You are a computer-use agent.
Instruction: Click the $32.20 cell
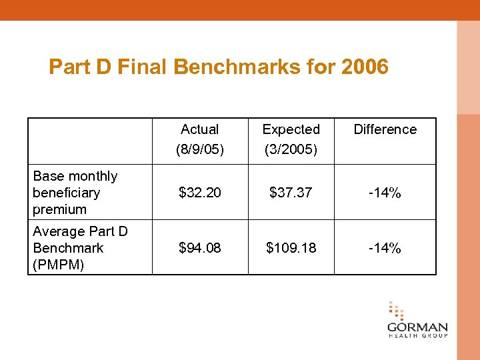pyautogui.click(x=200, y=193)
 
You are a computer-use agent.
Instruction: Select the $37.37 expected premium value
pyautogui.click(x=291, y=193)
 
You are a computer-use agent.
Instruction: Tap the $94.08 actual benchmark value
pyautogui.click(x=200, y=248)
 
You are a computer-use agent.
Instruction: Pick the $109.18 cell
pyautogui.click(x=291, y=248)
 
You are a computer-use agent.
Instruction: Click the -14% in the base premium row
pyautogui.click(x=385, y=193)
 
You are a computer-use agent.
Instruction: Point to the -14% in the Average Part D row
pyautogui.click(x=385, y=248)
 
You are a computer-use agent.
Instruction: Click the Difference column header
pyautogui.click(x=385, y=129)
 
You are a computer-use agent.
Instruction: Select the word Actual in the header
pyautogui.click(x=200, y=129)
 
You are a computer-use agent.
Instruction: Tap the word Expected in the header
pyautogui.click(x=291, y=129)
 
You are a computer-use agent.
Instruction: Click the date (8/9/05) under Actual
pyautogui.click(x=200, y=149)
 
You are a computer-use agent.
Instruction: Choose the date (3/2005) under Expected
pyautogui.click(x=291, y=149)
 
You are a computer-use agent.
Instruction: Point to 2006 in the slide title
pyautogui.click(x=364, y=67)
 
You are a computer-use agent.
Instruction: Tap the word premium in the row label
pyautogui.click(x=59, y=209)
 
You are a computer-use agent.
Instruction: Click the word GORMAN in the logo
pyautogui.click(x=417, y=328)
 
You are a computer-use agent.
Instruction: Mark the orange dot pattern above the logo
pyautogui.click(x=396, y=311)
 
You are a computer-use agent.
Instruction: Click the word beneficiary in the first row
pyautogui.click(x=66, y=193)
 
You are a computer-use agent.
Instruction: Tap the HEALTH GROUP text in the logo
pyautogui.click(x=417, y=336)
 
